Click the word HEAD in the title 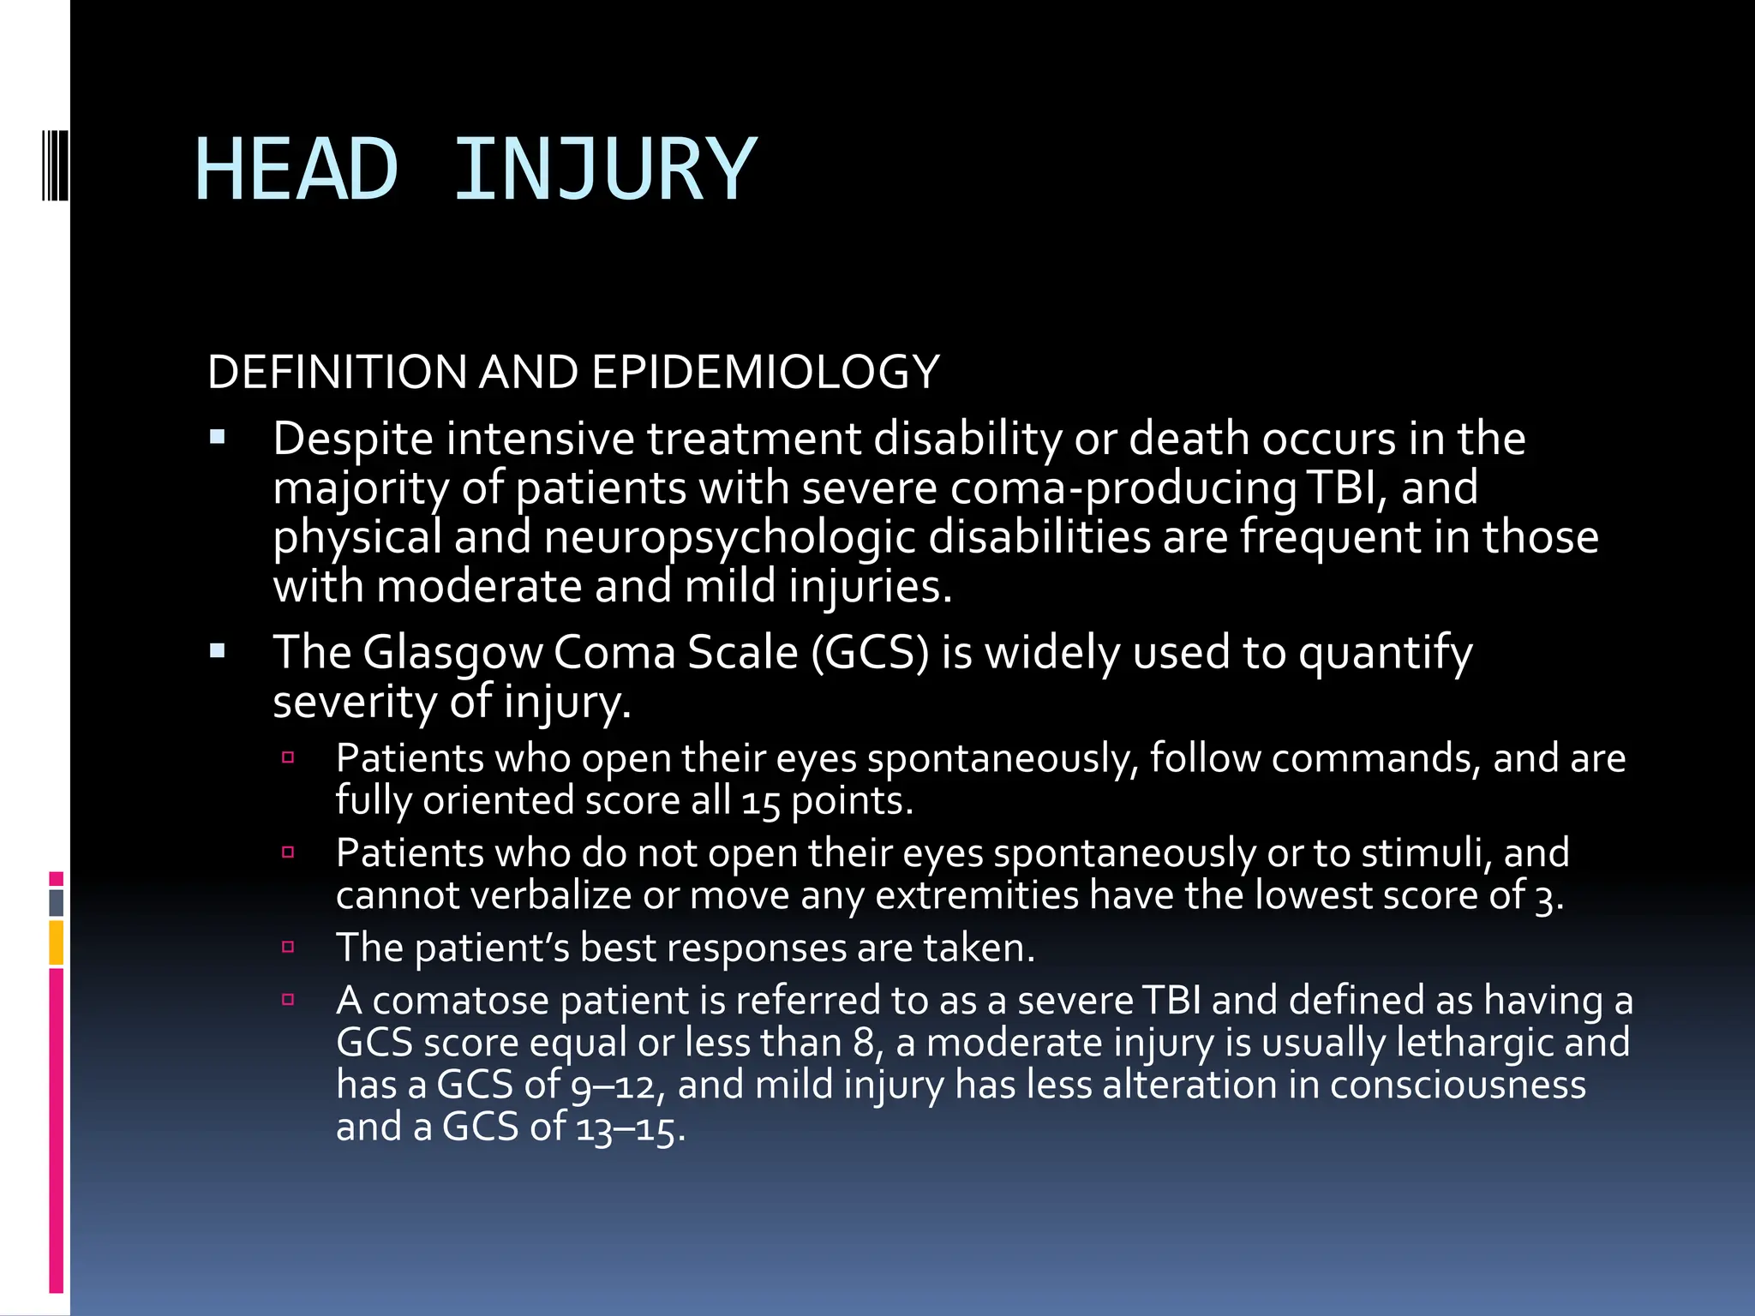click(296, 170)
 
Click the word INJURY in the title click(605, 170)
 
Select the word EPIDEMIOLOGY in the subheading click(765, 372)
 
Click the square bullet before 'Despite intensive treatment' click(217, 438)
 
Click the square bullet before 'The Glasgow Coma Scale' click(217, 651)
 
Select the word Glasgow click(452, 654)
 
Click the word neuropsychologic click(730, 537)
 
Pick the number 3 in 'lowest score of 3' click(1544, 897)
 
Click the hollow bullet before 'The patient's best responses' click(288, 947)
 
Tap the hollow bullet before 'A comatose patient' click(288, 999)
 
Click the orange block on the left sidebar click(56, 942)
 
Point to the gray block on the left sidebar click(56, 902)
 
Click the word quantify click(1386, 654)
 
